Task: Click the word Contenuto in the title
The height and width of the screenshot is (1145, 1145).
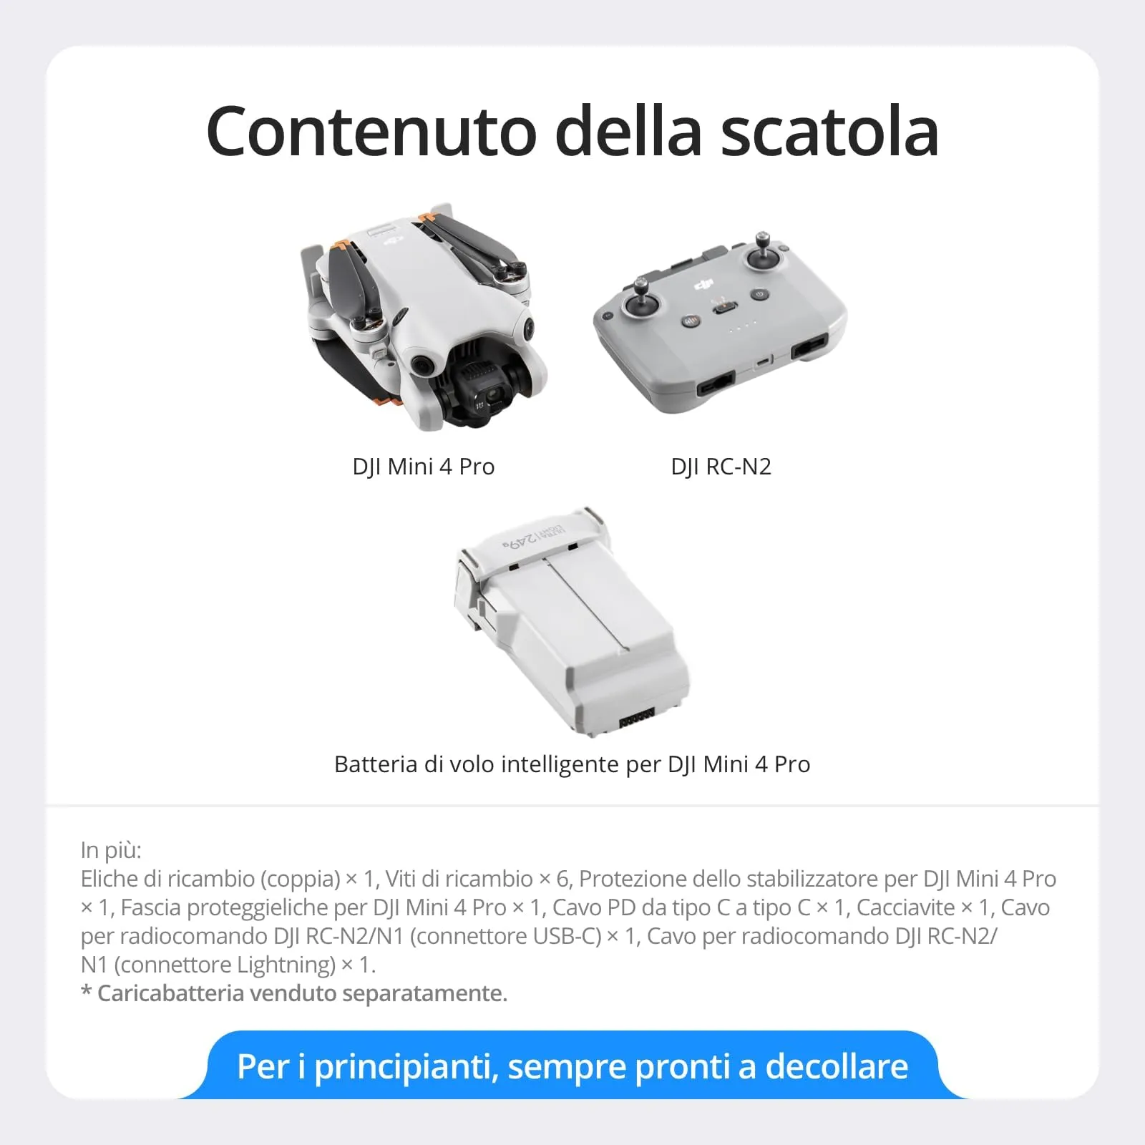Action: click(371, 132)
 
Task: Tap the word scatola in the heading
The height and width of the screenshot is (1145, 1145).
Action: click(829, 132)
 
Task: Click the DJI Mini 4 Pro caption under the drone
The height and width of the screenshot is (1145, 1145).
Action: click(423, 467)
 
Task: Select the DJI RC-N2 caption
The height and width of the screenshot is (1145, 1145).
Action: click(721, 467)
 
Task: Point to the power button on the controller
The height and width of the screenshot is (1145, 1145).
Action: click(759, 294)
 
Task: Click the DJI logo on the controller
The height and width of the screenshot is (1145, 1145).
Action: click(705, 286)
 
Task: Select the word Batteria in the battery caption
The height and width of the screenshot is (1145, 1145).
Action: click(376, 764)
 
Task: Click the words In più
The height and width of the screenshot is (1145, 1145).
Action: click(111, 850)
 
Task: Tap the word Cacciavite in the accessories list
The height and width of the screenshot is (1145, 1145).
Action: click(905, 907)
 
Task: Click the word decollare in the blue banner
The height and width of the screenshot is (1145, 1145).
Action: click(837, 1066)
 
